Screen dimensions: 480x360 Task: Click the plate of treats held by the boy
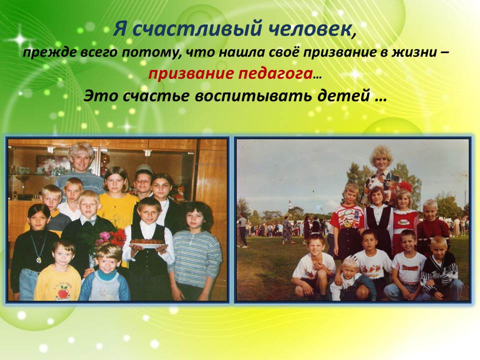pyautogui.click(x=148, y=243)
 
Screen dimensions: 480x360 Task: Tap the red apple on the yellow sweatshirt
pyautogui.click(x=63, y=293)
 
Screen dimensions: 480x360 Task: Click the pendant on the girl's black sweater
pyautogui.click(x=38, y=260)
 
